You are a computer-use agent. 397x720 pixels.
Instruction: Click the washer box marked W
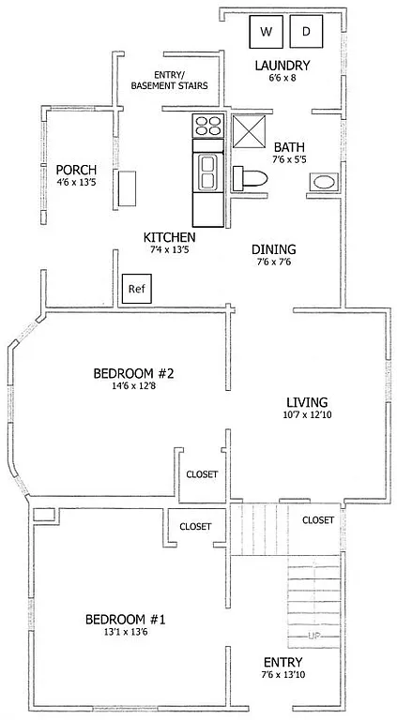pyautogui.click(x=266, y=32)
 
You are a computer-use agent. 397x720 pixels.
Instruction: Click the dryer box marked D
pyautogui.click(x=306, y=32)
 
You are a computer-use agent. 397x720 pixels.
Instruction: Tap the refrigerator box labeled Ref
pyautogui.click(x=134, y=288)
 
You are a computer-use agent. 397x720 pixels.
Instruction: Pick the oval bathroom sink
pyautogui.click(x=323, y=183)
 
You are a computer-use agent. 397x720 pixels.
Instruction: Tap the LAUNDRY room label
pyautogui.click(x=282, y=66)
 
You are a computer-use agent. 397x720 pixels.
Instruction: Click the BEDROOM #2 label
pyautogui.click(x=134, y=374)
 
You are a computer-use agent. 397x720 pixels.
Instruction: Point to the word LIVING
pyautogui.click(x=307, y=401)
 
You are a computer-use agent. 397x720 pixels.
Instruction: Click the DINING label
pyautogui.click(x=274, y=249)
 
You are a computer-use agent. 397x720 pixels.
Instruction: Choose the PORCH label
pyautogui.click(x=76, y=169)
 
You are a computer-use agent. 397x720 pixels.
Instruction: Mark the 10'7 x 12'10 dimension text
pyautogui.click(x=307, y=415)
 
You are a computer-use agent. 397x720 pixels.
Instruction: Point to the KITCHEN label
pyautogui.click(x=169, y=236)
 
